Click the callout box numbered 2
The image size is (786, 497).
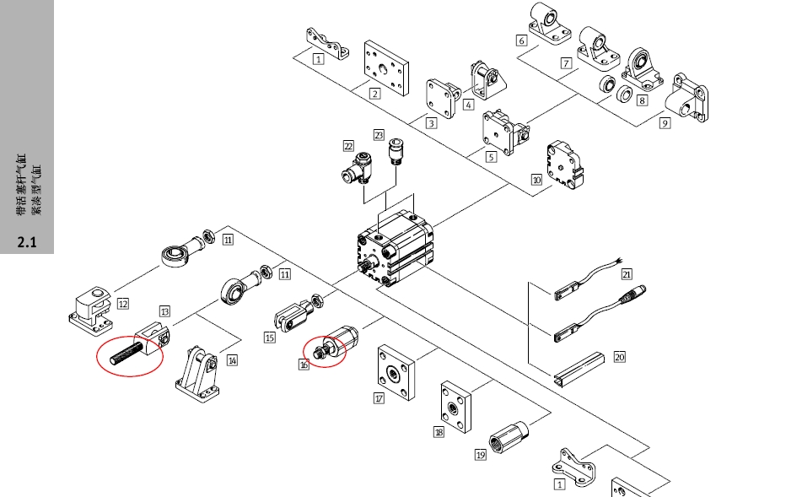point(374,94)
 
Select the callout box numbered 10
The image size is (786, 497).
point(536,180)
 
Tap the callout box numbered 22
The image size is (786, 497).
point(348,147)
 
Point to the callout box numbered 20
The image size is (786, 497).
point(619,357)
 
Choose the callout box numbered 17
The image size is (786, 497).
point(379,398)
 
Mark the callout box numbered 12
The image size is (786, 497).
point(123,304)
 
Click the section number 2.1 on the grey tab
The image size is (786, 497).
point(27,244)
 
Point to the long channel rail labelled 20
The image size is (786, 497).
point(579,370)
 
